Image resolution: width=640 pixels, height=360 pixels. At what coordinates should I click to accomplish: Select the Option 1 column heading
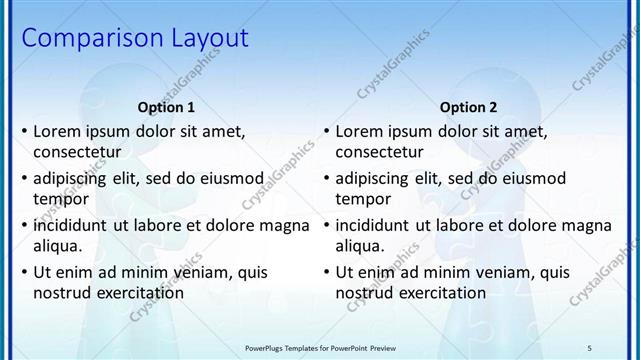(165, 107)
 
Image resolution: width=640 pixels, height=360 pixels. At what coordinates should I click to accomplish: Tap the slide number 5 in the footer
(618, 346)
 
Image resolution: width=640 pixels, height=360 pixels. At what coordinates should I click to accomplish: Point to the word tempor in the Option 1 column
(58, 199)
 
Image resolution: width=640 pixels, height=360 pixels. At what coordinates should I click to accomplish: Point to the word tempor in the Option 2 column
(360, 199)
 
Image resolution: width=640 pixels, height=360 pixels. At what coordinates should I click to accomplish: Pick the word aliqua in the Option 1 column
(56, 246)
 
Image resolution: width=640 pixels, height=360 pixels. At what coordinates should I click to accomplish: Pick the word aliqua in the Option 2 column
(358, 246)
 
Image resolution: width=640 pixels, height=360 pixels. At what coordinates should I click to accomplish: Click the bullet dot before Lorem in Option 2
(326, 131)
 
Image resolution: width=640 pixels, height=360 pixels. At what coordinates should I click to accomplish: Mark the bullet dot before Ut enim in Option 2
(326, 272)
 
